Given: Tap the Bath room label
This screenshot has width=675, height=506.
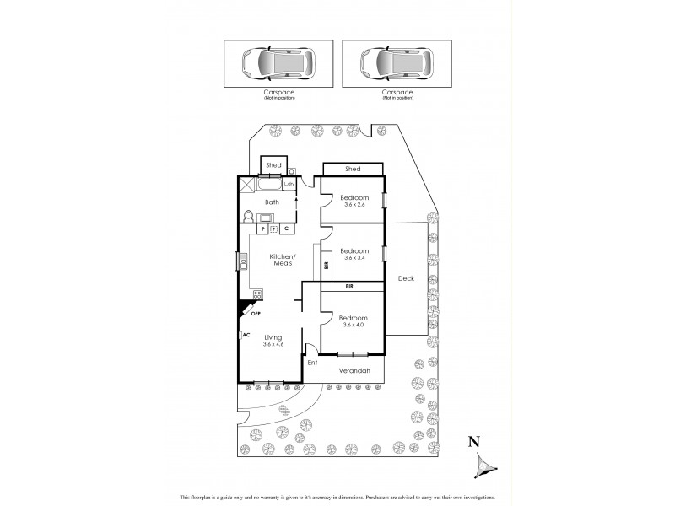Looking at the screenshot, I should coord(272,202).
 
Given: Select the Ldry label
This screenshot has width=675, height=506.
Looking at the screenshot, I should coord(289,184).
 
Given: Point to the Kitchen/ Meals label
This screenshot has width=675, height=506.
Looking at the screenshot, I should coord(281,260).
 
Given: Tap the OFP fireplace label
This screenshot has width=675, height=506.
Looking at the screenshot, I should coord(254,314).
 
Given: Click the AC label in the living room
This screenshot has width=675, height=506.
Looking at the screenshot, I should coord(246,335).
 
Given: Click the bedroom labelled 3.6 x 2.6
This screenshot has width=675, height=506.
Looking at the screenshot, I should coord(354,202).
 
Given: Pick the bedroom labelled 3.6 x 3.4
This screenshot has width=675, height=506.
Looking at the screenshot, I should coord(354,254).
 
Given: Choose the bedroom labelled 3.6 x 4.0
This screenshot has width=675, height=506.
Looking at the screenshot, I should coord(354,321).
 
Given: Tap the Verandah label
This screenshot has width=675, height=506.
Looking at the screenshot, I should coord(354,370).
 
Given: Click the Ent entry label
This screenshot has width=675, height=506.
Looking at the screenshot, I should coord(311,363).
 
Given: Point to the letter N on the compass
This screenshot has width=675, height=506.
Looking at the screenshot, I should coord(474,440).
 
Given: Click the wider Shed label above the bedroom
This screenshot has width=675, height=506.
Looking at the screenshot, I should coord(353,169).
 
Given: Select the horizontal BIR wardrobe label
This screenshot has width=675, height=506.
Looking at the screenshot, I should coord(349,288).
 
